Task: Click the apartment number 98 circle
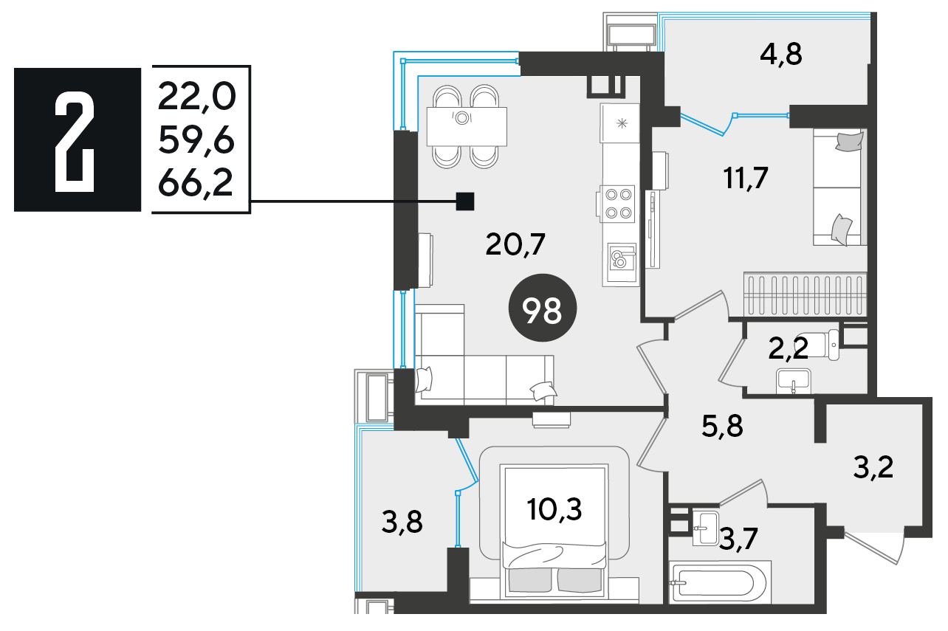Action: (542, 308)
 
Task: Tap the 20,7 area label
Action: (515, 244)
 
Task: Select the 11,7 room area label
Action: (746, 178)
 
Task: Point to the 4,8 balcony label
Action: (781, 55)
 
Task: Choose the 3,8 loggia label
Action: (402, 523)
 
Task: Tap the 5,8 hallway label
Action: (722, 426)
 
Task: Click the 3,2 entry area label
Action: (873, 467)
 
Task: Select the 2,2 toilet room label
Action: (788, 348)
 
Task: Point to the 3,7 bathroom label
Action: (738, 539)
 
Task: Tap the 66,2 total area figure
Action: (196, 183)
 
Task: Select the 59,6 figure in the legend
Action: (196, 140)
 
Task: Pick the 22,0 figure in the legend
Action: (197, 97)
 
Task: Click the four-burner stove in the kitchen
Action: (616, 204)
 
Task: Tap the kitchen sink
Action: (621, 263)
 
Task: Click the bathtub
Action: (720, 584)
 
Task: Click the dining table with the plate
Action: (467, 126)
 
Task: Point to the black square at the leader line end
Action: (464, 201)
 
